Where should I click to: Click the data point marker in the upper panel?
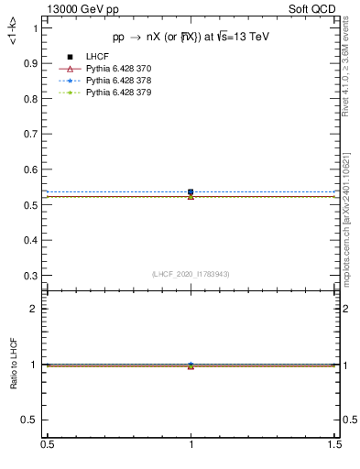tap(191, 192)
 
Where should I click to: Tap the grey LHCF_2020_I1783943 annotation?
tap(191, 274)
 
